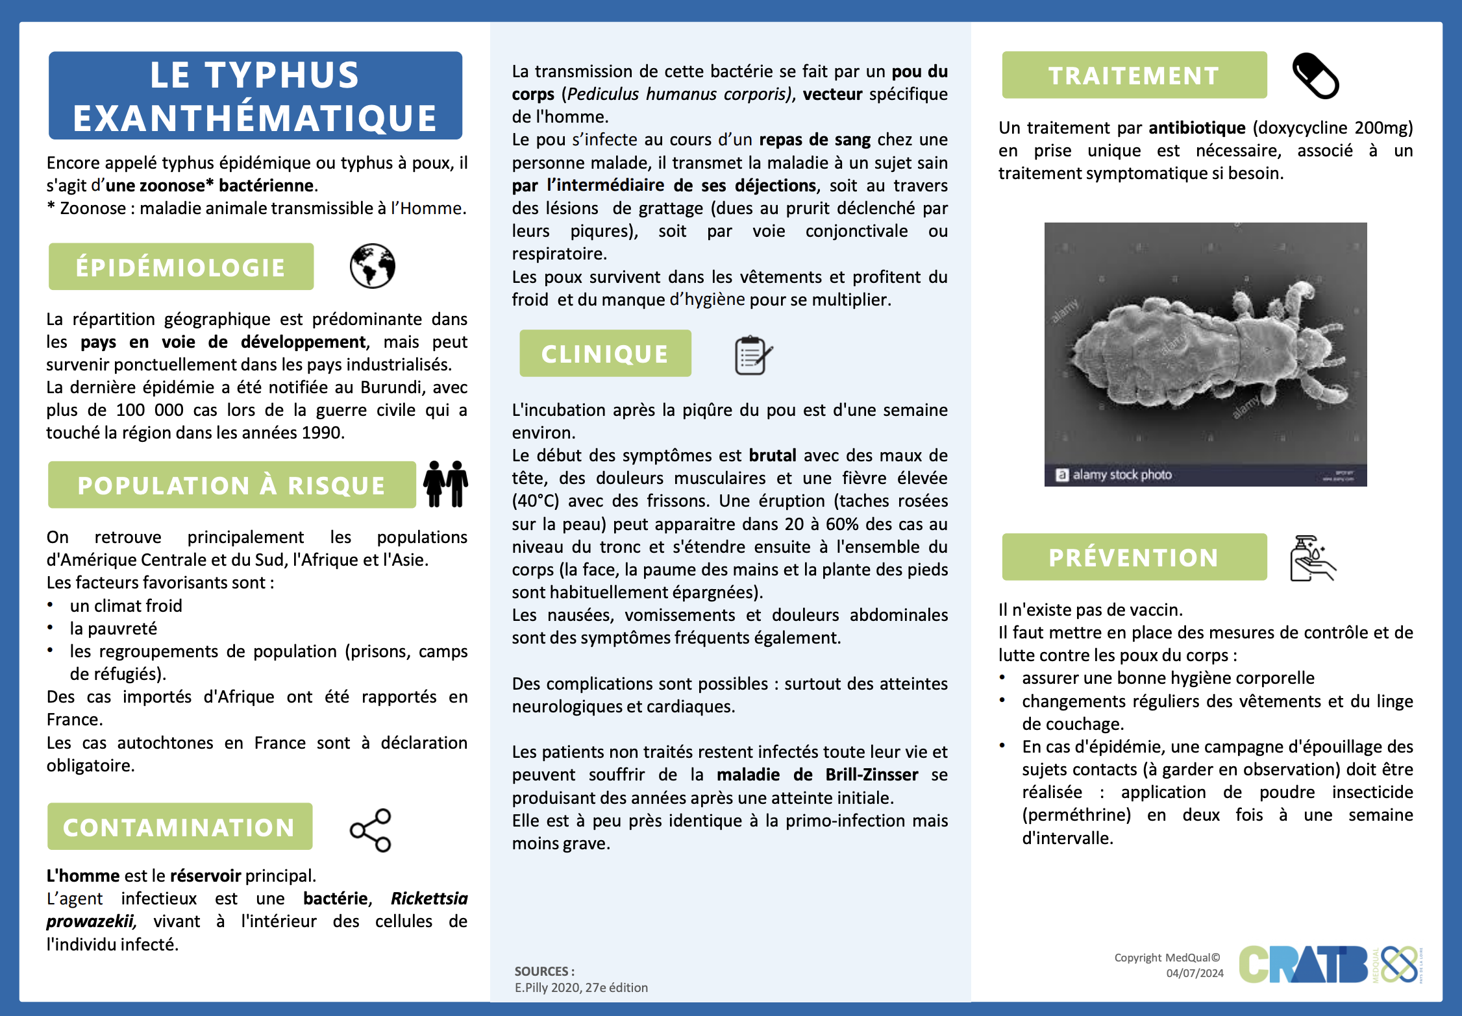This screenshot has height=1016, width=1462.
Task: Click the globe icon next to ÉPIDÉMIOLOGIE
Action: (372, 266)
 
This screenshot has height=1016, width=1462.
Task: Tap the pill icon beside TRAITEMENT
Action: (1315, 76)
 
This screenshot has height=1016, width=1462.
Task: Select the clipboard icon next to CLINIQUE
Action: (752, 355)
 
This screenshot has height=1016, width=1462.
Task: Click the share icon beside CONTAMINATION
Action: (371, 830)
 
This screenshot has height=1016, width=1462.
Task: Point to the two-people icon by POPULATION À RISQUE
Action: (445, 484)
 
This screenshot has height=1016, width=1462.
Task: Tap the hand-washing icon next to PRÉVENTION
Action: (1312, 558)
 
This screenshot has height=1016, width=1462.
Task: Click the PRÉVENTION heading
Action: (1134, 557)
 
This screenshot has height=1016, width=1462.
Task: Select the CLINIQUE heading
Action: (604, 354)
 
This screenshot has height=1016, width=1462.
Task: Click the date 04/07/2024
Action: (1195, 973)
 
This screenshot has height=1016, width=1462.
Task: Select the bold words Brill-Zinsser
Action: (871, 775)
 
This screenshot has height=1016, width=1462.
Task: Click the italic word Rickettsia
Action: (429, 899)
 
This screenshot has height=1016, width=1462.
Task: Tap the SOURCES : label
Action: (544, 971)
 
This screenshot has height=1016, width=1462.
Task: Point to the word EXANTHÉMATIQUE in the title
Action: (255, 118)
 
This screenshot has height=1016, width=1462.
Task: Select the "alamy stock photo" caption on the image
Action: (1121, 475)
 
